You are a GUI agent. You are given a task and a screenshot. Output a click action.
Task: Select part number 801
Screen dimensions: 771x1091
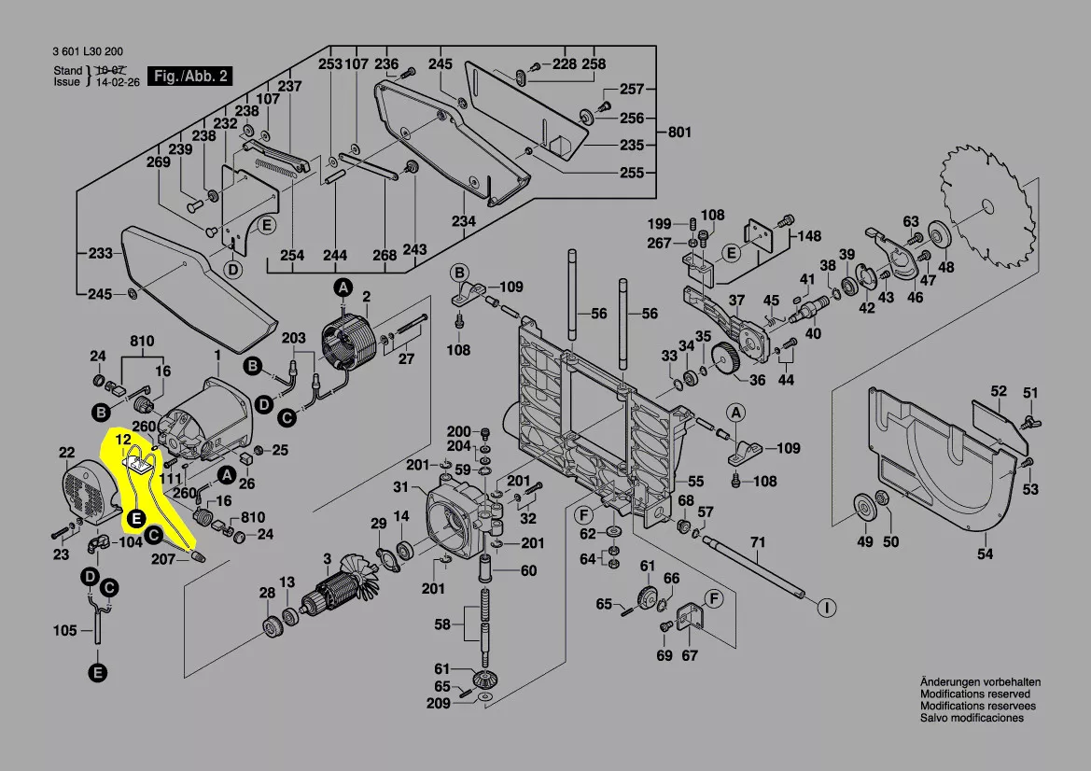[x=679, y=133]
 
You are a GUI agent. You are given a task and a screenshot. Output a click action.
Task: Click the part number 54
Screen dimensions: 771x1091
[x=986, y=554]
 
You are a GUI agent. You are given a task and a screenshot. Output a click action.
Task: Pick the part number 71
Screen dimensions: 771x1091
[x=758, y=542]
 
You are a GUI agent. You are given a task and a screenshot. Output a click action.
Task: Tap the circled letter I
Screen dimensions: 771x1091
[x=825, y=609]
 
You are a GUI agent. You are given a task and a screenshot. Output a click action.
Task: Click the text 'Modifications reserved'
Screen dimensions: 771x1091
[x=975, y=694]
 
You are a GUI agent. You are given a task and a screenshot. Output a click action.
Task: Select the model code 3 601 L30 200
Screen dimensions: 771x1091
[x=89, y=52]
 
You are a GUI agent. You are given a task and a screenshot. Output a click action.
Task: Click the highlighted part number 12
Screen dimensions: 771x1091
[x=123, y=438]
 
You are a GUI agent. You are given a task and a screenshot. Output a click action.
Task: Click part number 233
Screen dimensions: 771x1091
[x=100, y=253]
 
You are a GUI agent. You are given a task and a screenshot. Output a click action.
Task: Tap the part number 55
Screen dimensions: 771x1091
[x=695, y=482]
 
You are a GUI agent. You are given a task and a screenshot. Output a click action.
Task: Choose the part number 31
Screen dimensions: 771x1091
[x=401, y=487]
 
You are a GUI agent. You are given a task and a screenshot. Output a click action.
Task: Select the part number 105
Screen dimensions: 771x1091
[x=65, y=631]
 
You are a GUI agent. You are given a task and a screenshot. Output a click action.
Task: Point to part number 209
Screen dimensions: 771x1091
[x=438, y=703]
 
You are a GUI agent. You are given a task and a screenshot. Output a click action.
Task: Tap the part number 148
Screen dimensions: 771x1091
[x=808, y=236]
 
